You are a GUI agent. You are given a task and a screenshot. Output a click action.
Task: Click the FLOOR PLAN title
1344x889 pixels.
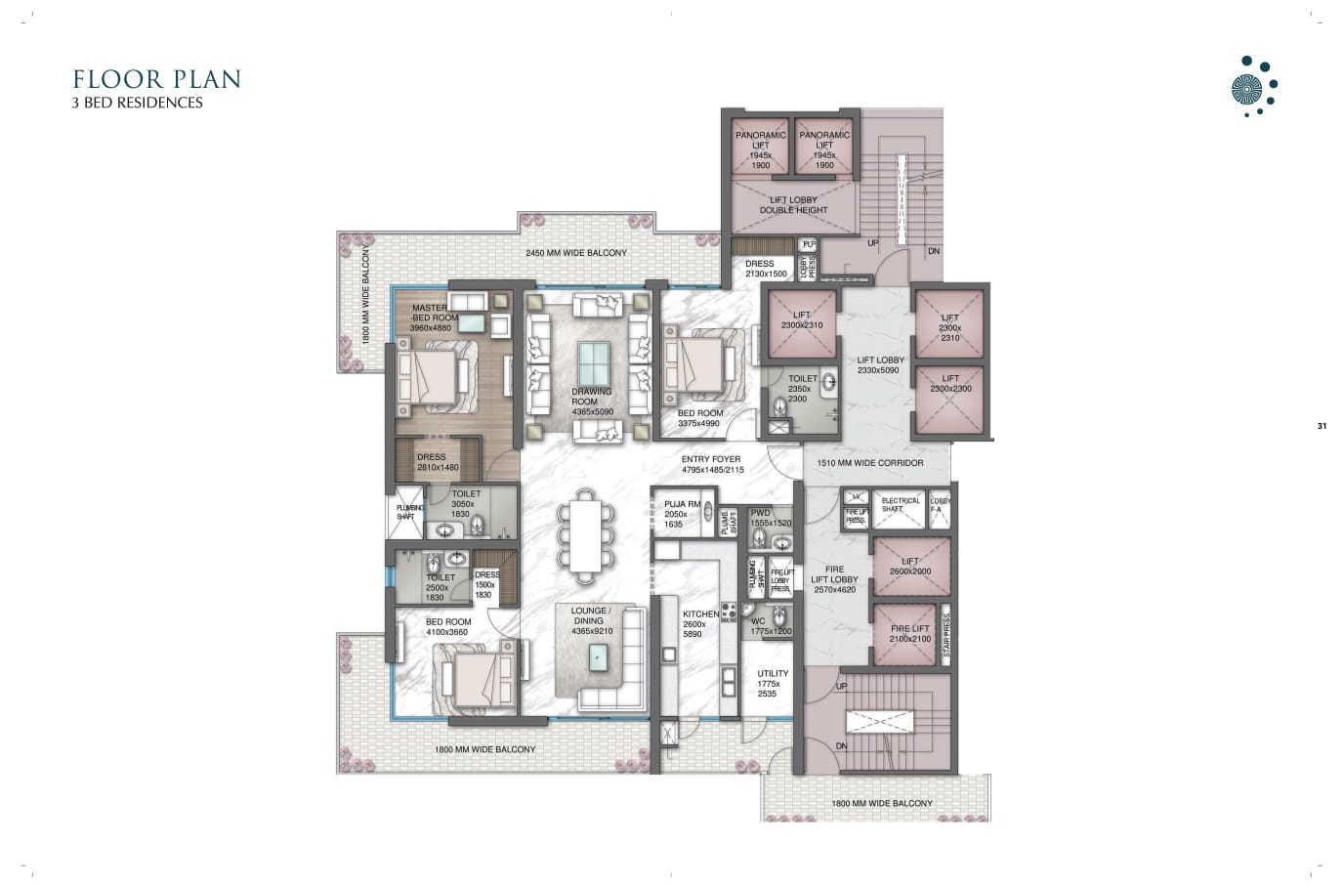[x=156, y=79]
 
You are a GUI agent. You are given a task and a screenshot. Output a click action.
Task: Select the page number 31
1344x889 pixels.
[x=1322, y=426]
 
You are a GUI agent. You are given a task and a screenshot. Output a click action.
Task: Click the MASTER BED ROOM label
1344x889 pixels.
[x=432, y=317]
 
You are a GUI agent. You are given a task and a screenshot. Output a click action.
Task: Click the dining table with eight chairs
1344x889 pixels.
[x=587, y=530]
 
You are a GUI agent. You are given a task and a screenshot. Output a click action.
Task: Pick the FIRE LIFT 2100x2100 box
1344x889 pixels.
[x=910, y=634]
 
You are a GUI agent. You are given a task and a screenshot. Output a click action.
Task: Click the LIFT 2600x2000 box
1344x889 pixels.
[x=910, y=567]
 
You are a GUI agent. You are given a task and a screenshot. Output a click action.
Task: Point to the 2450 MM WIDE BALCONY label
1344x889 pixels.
[x=576, y=253]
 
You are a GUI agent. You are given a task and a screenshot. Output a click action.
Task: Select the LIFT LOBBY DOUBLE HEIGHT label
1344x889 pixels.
[x=793, y=204]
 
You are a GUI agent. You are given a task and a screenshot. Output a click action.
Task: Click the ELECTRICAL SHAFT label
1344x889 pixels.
[x=900, y=504]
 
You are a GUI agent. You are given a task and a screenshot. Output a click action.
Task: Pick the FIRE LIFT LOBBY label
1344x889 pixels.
[x=834, y=578]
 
